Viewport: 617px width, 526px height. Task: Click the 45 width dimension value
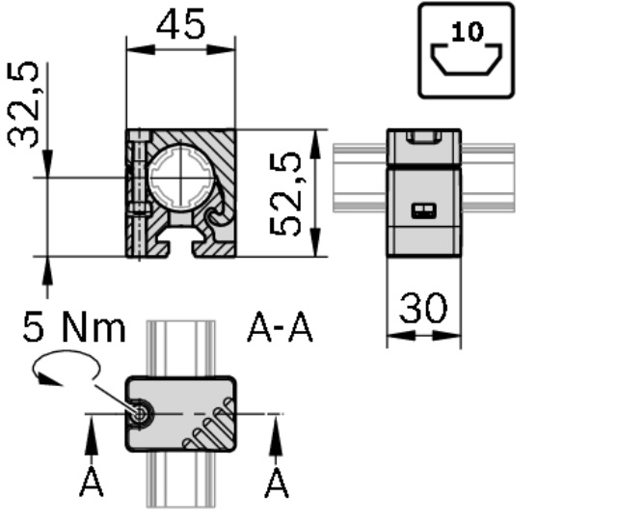(x=180, y=24)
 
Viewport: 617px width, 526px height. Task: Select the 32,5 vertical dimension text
(x=23, y=104)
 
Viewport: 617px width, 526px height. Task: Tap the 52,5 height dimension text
(x=285, y=193)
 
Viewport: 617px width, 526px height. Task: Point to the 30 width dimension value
(x=423, y=308)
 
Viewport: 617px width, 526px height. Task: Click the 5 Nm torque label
(x=74, y=326)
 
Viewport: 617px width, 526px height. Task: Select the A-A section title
(x=280, y=327)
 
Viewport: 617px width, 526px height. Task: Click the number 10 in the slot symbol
(x=468, y=32)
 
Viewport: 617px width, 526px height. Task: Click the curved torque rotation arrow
(x=67, y=363)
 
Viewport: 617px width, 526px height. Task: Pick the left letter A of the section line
(x=92, y=482)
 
